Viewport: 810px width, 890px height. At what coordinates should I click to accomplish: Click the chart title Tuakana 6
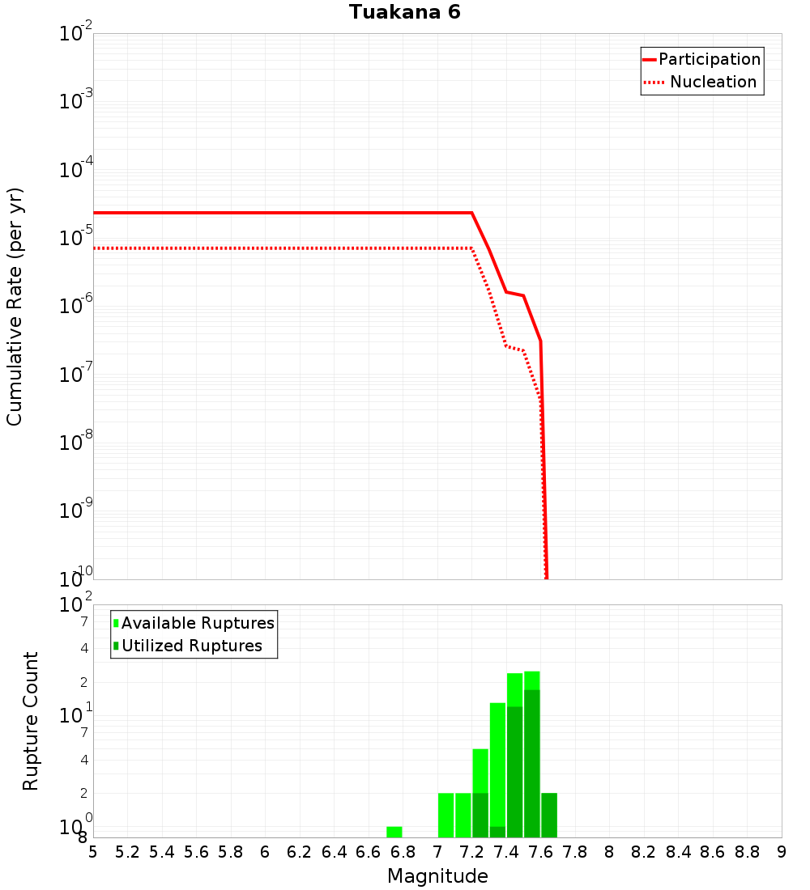[x=405, y=12]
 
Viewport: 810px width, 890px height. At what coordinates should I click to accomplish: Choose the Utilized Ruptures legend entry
[x=191, y=646]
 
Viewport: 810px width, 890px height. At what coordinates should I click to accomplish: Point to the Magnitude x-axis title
[x=437, y=876]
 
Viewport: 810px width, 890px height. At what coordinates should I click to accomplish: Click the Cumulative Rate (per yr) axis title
[x=15, y=306]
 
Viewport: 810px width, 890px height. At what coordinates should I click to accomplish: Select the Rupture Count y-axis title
[x=31, y=721]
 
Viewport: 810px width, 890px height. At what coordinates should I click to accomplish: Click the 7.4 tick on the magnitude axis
[x=506, y=852]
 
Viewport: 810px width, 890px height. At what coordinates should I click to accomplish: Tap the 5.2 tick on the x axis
[x=127, y=852]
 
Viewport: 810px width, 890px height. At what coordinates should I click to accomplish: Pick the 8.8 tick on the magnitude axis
[x=747, y=852]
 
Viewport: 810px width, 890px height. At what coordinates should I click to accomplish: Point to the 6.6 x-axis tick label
[x=369, y=852]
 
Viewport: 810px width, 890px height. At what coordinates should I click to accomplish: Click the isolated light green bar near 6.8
[x=394, y=832]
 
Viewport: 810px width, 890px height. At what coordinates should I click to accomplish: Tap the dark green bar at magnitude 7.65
[x=549, y=816]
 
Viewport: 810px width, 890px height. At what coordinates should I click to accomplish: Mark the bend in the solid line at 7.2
[x=471, y=213]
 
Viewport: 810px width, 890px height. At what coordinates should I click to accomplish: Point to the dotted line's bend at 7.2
[x=471, y=248]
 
